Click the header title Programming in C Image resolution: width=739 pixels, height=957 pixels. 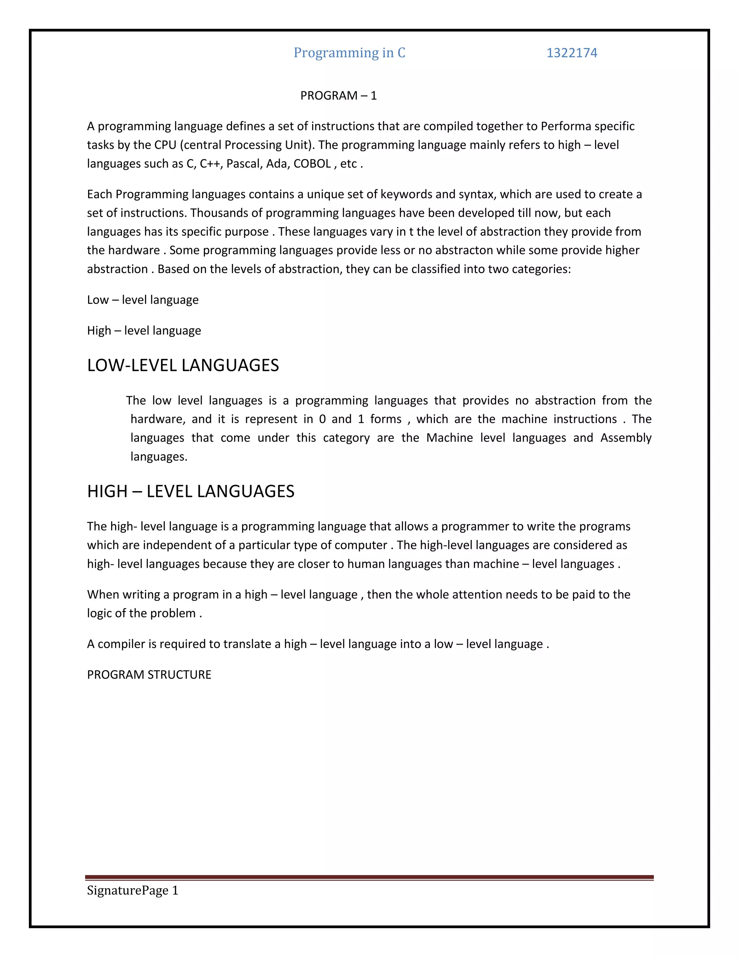pos(349,53)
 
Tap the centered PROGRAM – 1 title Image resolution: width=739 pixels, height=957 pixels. pos(338,96)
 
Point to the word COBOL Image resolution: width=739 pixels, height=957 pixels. pos(312,164)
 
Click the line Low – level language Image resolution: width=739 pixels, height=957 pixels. pos(143,300)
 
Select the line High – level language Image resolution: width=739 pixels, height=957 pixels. pos(144,330)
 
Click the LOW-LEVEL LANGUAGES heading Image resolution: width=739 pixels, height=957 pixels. pos(183,365)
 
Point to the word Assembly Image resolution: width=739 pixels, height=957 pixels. pos(626,438)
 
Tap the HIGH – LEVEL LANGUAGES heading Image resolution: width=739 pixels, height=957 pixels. pos(191,492)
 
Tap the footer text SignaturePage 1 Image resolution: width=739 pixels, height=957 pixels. pos(133,891)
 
